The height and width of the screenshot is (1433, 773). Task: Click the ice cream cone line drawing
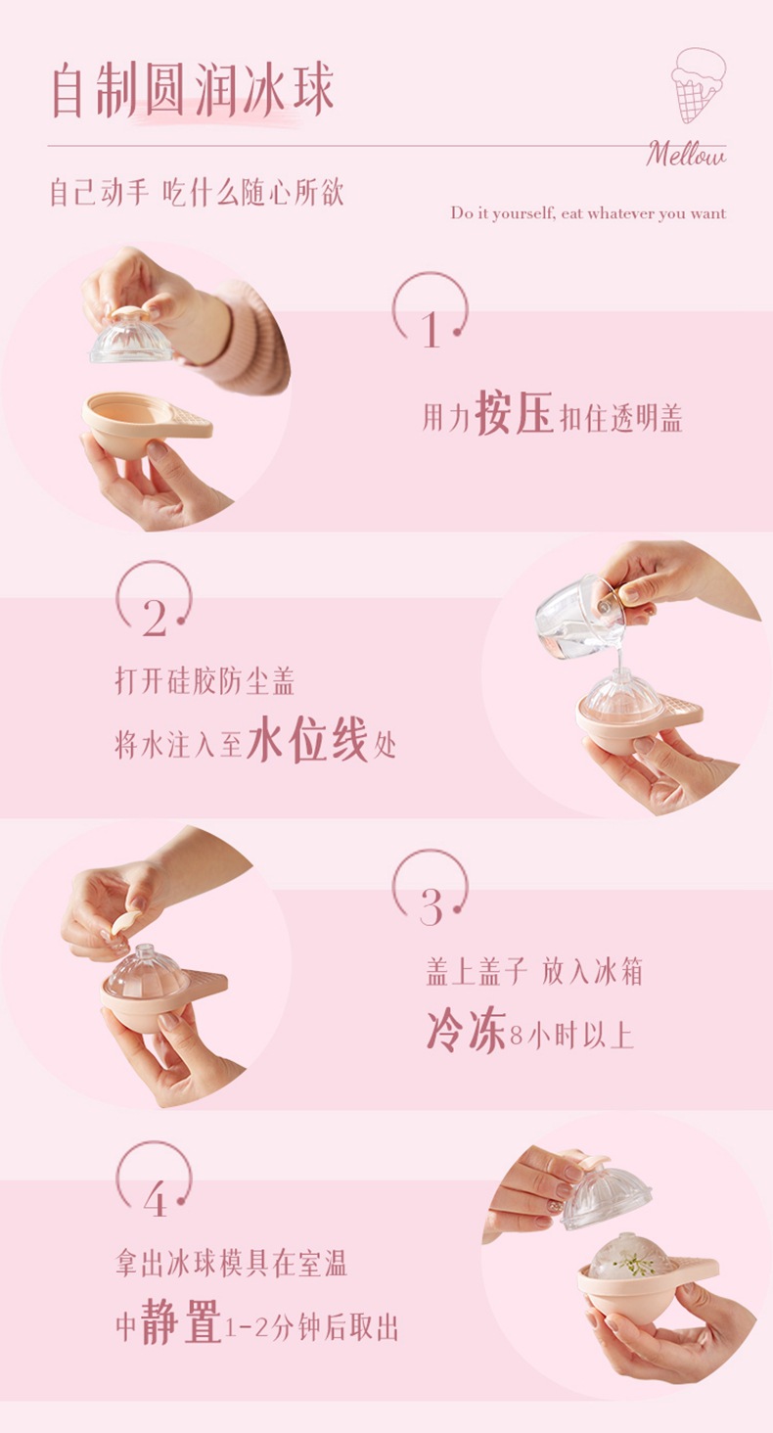698,84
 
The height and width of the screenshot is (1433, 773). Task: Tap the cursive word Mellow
685,155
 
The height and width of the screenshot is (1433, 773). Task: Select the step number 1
431,330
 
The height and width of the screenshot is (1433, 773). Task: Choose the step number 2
154,619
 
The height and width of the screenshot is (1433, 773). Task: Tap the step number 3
431,907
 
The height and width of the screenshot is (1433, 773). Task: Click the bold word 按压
514,413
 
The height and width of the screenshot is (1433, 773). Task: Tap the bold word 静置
181,1320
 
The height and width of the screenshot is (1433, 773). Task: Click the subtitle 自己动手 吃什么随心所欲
197,193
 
